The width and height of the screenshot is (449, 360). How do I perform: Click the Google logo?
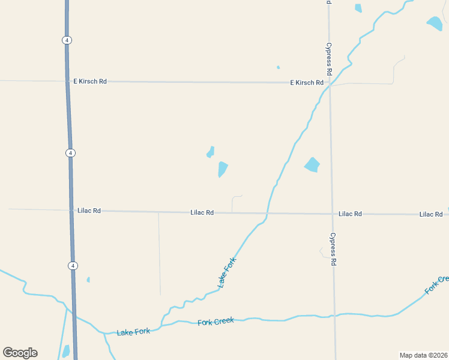click(x=20, y=353)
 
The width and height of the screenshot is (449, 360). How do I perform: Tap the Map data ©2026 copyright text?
click(x=423, y=355)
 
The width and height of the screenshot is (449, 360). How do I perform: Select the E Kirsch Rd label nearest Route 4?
click(x=89, y=81)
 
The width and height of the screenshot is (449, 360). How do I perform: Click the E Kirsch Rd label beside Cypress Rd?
click(x=307, y=83)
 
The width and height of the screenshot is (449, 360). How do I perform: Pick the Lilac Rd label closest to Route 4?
click(x=89, y=211)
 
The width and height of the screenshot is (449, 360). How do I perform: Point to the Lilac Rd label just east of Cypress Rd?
click(x=350, y=214)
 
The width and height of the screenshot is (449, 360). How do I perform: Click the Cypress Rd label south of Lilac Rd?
click(x=333, y=249)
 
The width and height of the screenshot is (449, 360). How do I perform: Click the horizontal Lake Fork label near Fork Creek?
click(x=133, y=332)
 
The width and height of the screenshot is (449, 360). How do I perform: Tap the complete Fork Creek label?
click(x=215, y=322)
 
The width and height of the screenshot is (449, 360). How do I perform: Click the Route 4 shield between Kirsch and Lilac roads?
click(x=71, y=153)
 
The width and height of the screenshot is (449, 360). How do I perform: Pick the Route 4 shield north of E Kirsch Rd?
click(x=67, y=40)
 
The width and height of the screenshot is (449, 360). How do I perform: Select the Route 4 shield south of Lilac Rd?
click(x=73, y=265)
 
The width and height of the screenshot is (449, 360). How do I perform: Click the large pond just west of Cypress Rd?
click(x=312, y=164)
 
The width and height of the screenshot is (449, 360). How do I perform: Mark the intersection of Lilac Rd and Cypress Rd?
click(x=332, y=214)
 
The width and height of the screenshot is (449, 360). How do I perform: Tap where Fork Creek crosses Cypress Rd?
click(x=334, y=314)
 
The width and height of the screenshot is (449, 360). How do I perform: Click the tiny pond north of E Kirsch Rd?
click(x=278, y=67)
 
